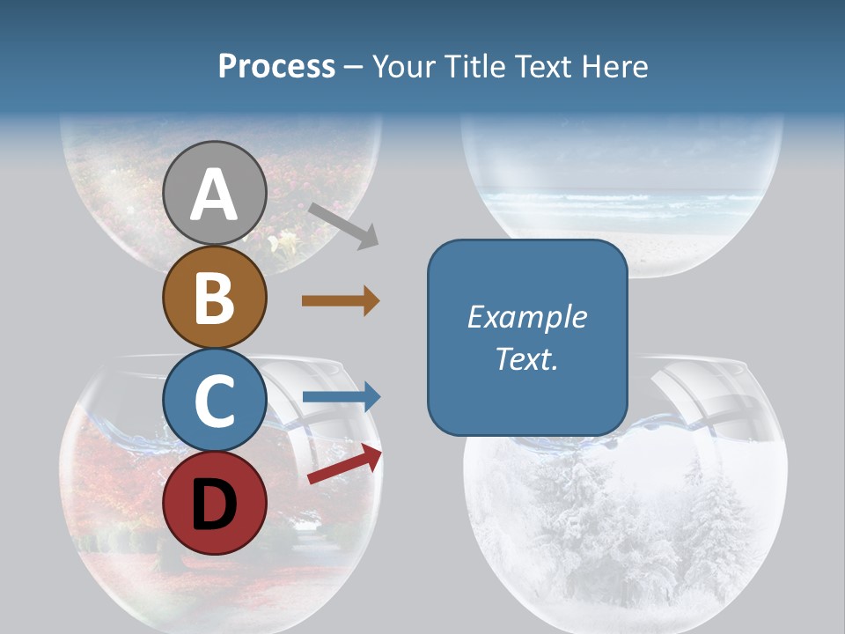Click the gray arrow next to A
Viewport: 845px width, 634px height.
click(x=344, y=225)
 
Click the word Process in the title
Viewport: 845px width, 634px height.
click(x=276, y=66)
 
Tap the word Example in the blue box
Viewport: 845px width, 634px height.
click(x=527, y=317)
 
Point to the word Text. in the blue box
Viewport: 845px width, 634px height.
click(x=527, y=358)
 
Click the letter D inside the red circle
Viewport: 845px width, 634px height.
click(x=214, y=506)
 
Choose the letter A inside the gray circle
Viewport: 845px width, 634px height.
click(x=214, y=195)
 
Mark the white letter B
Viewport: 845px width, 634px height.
click(x=214, y=299)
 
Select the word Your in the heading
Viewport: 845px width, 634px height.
click(x=403, y=66)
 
